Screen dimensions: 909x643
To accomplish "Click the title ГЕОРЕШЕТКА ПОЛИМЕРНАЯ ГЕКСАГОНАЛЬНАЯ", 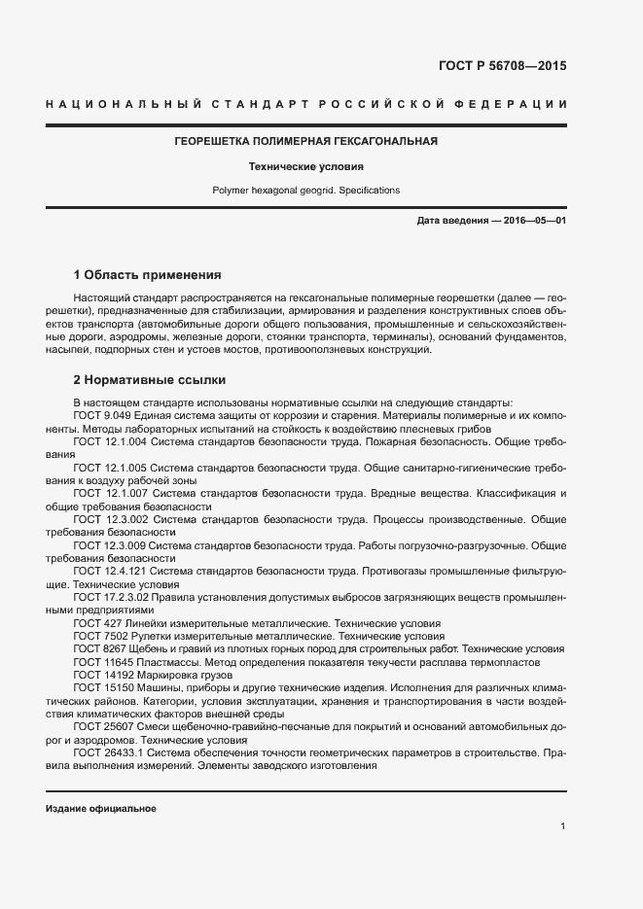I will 305,141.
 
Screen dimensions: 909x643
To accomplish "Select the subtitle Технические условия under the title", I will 305,166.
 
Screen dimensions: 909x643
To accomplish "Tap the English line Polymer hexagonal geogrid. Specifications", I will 305,191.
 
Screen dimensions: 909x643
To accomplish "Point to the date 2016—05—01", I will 533,221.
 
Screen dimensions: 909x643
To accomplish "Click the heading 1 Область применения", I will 147,274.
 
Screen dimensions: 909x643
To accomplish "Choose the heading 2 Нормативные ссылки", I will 149,380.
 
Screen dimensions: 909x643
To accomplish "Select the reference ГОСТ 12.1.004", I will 108,441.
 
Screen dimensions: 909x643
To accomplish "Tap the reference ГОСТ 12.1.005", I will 108,468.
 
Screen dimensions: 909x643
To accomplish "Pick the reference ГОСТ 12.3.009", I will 108,546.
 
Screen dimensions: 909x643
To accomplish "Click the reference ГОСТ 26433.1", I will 108,753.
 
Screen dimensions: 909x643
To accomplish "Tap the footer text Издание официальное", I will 101,809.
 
